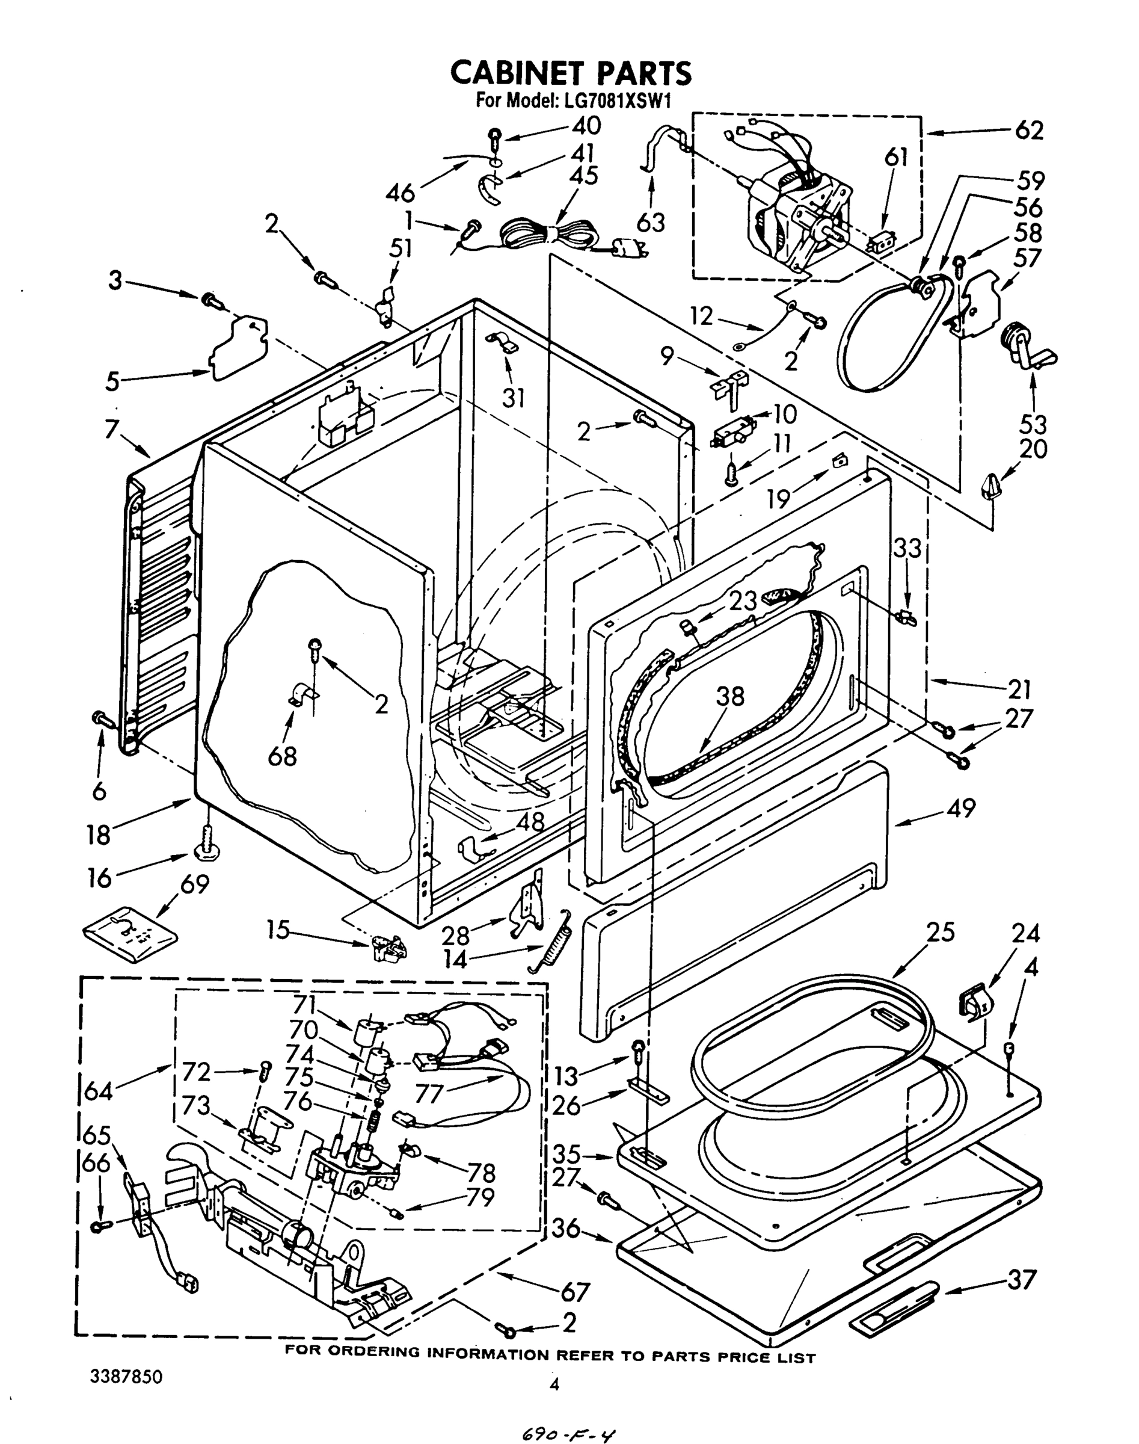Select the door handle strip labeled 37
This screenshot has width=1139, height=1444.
coord(894,1295)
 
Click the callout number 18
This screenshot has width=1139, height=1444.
coord(99,834)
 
